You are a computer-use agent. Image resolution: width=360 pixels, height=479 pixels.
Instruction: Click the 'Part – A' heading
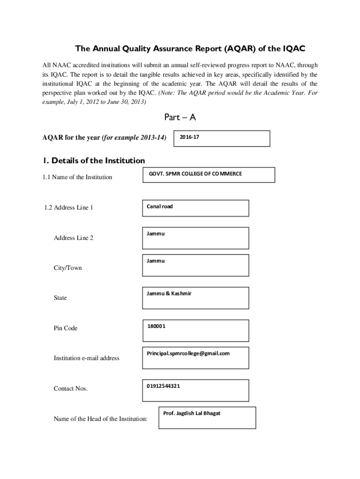tap(180, 117)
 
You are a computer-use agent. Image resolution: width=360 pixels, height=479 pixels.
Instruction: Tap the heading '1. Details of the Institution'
tap(94, 160)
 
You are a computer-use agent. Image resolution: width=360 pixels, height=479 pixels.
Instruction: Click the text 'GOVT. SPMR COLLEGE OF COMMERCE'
tap(195, 174)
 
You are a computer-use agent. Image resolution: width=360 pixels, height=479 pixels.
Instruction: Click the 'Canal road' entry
tap(159, 206)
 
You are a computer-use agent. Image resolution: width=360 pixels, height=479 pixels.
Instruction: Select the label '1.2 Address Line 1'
tap(68, 207)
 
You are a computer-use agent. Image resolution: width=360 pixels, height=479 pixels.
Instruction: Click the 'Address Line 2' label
tap(73, 238)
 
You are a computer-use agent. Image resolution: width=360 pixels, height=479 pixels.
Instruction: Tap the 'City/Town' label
tap(68, 268)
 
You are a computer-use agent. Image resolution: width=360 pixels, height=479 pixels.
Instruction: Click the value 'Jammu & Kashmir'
tap(169, 293)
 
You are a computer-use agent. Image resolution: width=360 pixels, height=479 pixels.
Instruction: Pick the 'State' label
tap(60, 298)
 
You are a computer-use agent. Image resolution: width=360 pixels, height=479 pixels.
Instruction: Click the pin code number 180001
tap(156, 326)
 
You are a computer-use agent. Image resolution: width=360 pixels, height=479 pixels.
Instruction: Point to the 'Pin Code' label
tap(65, 328)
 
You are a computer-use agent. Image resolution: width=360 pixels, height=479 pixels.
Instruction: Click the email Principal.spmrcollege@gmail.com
tap(188, 353)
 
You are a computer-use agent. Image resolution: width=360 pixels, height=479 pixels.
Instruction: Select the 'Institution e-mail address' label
tap(86, 358)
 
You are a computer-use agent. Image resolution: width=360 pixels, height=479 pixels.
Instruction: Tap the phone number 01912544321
tap(163, 386)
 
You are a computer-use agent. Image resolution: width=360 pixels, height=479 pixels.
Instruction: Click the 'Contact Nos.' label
tap(71, 389)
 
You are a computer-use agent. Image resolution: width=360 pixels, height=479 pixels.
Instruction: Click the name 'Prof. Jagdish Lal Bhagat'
tap(192, 413)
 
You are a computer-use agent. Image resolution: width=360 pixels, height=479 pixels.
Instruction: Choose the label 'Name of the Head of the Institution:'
tap(101, 419)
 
